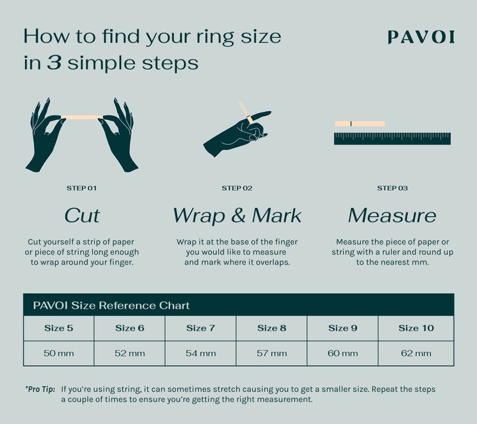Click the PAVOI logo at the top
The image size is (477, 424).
click(x=420, y=37)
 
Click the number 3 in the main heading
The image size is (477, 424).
click(x=55, y=63)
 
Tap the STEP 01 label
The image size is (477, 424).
click(x=82, y=188)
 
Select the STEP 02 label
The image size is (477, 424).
click(x=237, y=188)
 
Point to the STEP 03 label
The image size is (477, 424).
click(x=392, y=188)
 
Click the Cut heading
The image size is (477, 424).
click(x=82, y=215)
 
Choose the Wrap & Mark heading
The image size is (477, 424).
click(x=237, y=215)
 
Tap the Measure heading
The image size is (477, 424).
click(x=392, y=215)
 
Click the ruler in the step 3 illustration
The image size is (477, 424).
click(x=392, y=139)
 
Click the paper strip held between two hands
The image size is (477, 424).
click(x=82, y=117)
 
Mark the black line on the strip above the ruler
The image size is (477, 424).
click(x=352, y=123)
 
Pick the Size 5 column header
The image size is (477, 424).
click(x=58, y=328)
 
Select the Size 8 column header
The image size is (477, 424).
click(x=271, y=328)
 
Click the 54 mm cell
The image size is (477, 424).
click(x=200, y=353)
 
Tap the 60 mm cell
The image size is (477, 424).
click(x=343, y=353)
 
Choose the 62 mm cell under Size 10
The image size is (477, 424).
click(x=416, y=353)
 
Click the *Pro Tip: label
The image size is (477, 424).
click(x=40, y=389)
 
